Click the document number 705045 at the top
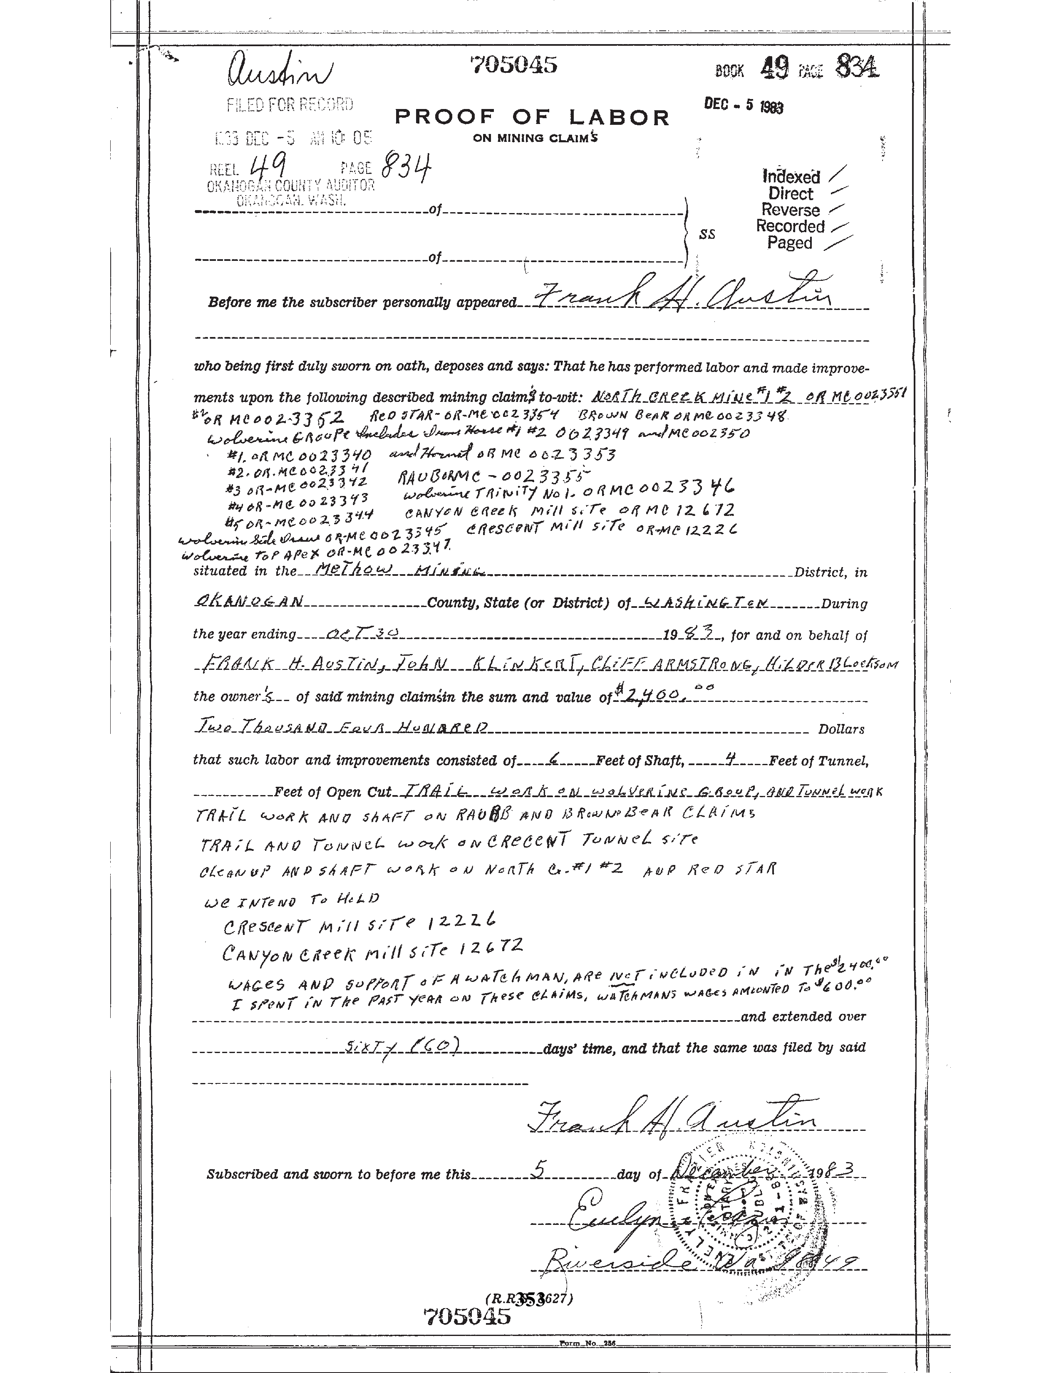pyautogui.click(x=513, y=65)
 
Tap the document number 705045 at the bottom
pyautogui.click(x=466, y=1316)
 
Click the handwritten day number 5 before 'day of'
pyautogui.click(x=538, y=1168)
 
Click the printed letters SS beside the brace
pyautogui.click(x=707, y=235)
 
